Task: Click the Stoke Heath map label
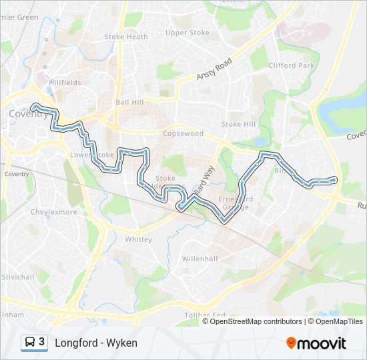127,37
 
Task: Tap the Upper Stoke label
187,33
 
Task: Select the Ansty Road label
214,69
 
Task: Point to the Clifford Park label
291,66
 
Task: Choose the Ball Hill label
129,103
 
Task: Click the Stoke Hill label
238,125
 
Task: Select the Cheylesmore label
54,213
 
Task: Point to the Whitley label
139,239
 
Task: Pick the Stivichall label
17,276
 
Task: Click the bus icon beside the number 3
30,343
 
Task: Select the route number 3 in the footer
42,342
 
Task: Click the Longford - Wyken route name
96,343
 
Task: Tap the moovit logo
316,343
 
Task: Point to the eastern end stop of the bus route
334,179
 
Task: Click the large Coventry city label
28,114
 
